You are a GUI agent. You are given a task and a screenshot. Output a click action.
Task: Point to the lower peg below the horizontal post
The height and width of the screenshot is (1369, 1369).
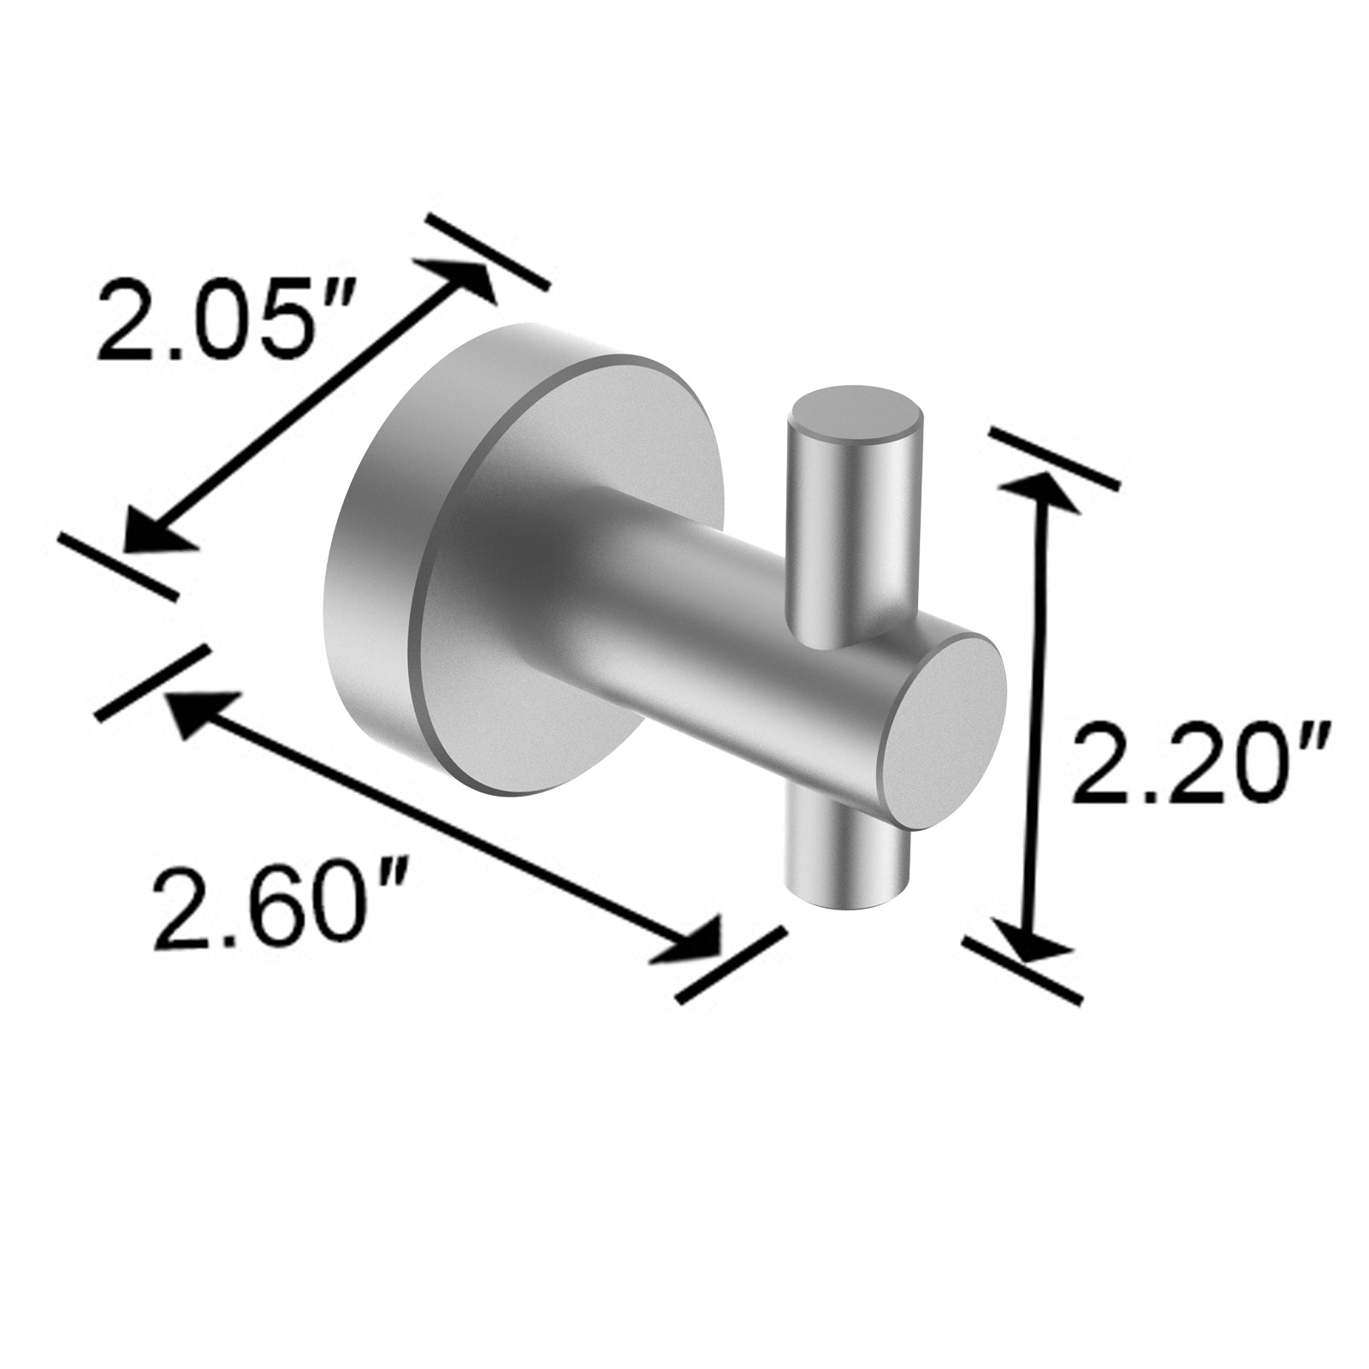click(847, 864)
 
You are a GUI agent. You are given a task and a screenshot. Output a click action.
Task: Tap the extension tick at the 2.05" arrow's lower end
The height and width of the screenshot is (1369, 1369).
click(120, 565)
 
